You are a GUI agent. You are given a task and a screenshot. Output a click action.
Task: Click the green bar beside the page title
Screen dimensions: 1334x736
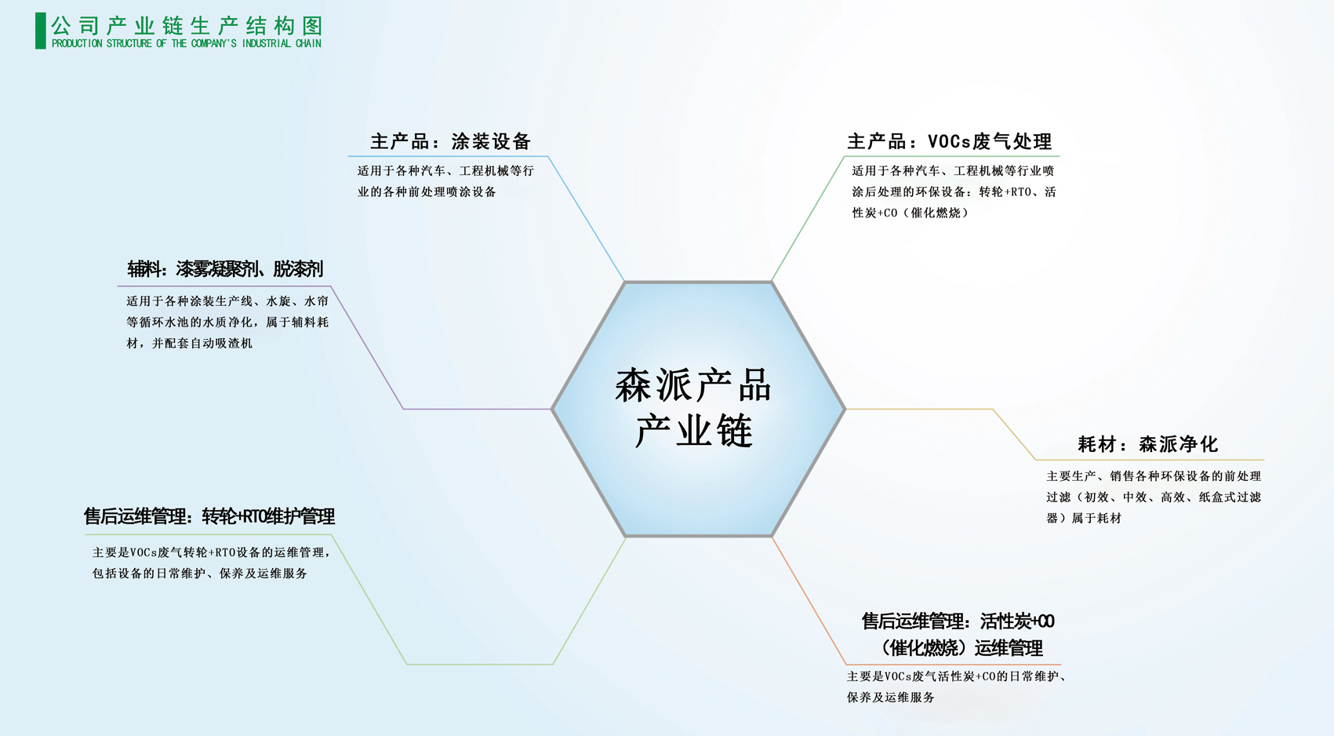41,31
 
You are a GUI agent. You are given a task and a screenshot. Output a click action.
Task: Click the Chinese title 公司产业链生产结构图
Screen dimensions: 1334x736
187,26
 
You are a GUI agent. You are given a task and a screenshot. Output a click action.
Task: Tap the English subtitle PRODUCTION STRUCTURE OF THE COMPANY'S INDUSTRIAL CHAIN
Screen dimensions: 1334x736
187,43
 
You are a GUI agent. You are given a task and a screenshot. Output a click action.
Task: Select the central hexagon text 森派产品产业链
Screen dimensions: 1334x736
694,408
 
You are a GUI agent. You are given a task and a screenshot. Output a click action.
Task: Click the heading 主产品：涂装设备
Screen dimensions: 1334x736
450,142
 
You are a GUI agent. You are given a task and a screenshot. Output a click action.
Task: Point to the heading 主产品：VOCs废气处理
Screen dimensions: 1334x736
949,142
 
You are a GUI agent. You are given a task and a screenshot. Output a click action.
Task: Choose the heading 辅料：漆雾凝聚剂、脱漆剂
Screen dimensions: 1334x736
225,269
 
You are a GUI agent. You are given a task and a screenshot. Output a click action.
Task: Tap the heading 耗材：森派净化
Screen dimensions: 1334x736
1147,444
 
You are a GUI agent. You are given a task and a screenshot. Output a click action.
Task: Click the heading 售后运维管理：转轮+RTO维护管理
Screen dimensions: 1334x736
209,516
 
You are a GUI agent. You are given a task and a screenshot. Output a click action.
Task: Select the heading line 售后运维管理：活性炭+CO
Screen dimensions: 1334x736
958,621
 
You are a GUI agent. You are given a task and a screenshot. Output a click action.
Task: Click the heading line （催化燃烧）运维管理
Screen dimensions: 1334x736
959,648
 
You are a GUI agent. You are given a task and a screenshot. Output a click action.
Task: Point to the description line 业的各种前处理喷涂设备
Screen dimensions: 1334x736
427,192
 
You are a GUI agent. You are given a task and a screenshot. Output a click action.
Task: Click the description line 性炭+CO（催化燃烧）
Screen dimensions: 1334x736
911,213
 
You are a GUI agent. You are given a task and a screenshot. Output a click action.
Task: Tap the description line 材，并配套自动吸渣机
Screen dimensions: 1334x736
189,343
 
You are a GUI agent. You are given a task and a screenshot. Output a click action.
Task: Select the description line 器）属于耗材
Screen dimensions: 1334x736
1084,519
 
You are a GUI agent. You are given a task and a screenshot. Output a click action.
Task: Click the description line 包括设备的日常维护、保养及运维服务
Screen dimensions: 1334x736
200,574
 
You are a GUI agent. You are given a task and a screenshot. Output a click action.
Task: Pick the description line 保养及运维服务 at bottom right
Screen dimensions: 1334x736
891,698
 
